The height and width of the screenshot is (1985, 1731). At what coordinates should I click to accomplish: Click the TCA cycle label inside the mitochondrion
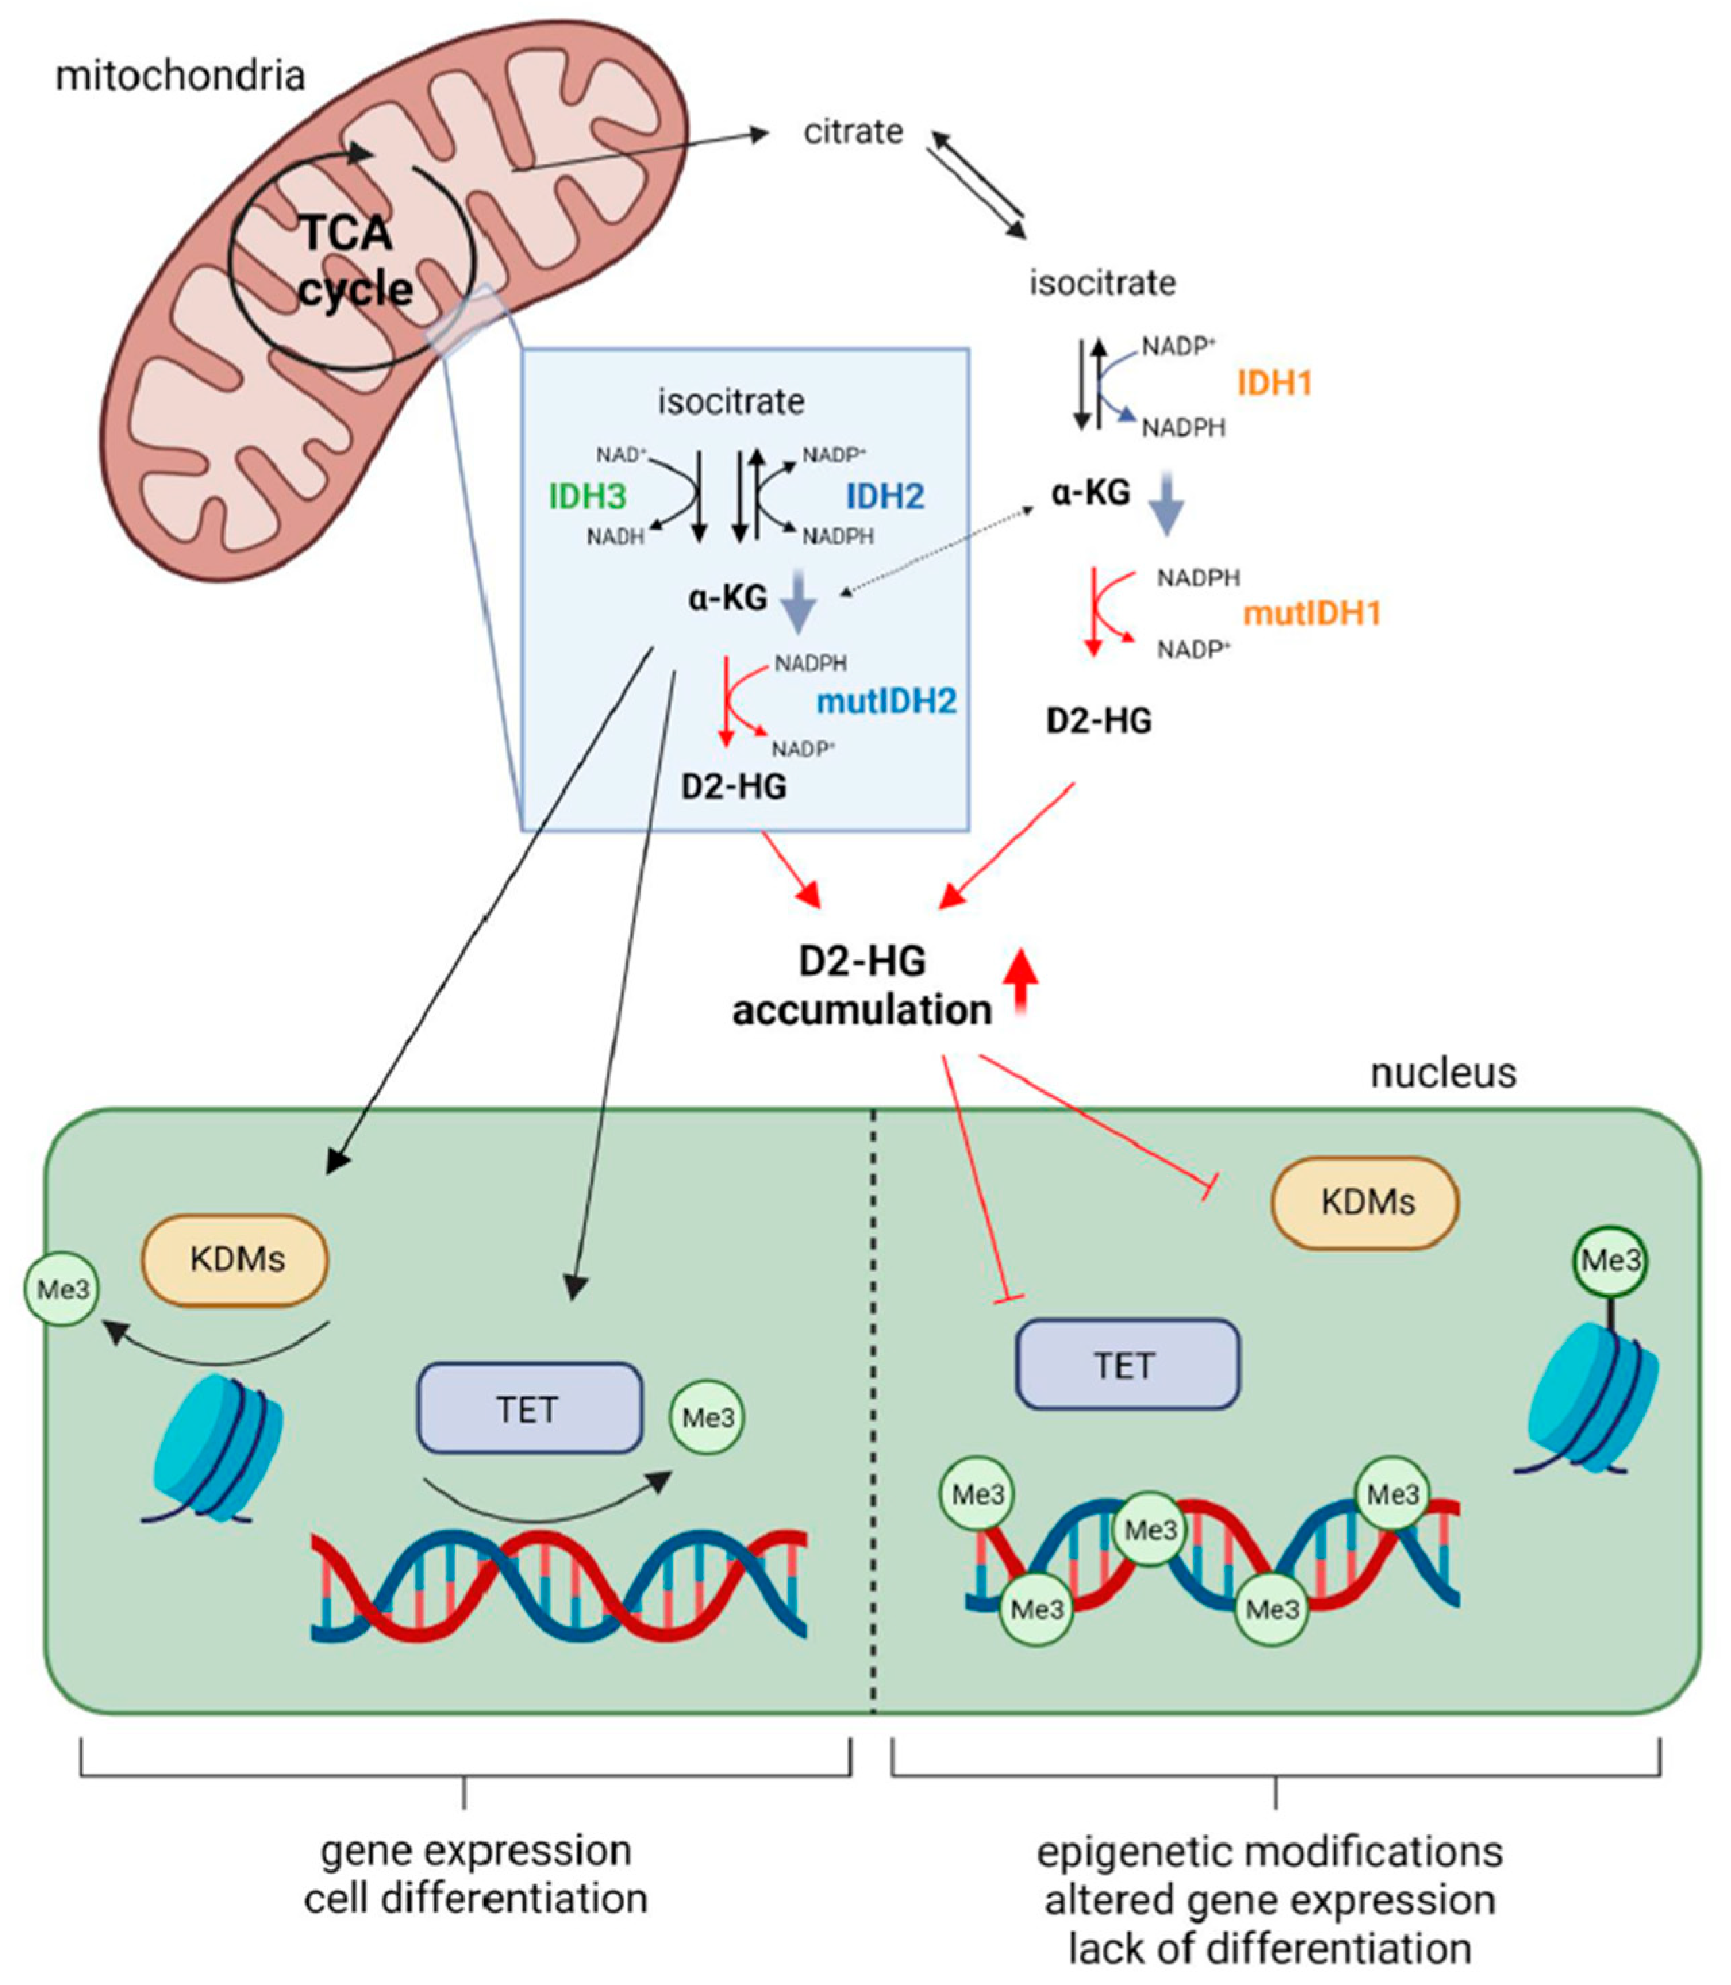353,261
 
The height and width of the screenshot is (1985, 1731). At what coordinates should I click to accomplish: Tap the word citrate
853,131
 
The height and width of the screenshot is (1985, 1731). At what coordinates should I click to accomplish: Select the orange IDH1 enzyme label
1274,384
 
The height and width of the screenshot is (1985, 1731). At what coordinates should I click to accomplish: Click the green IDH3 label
587,497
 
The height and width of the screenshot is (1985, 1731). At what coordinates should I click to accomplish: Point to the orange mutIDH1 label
1311,613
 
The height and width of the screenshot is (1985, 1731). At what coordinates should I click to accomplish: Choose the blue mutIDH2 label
886,701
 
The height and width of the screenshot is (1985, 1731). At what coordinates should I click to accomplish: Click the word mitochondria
180,76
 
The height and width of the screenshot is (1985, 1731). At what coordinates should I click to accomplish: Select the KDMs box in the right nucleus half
1365,1203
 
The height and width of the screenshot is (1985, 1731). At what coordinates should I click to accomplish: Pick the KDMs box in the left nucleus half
236,1259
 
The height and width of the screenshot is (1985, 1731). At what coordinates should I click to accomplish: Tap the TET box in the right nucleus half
1126,1365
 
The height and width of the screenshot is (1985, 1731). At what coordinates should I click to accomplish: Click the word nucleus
1442,1073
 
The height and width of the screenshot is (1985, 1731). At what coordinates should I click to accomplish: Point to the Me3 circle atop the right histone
1609,1261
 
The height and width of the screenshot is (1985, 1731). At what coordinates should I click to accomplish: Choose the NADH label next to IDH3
616,536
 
